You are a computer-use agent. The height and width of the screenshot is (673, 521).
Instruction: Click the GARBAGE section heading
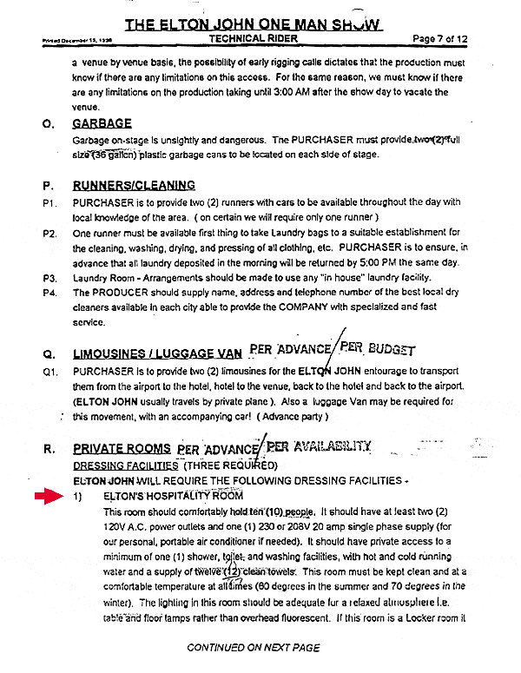[102, 124]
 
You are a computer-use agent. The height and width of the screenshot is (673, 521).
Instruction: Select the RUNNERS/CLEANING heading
[134, 185]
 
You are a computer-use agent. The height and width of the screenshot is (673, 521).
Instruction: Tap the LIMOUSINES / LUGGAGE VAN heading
[157, 353]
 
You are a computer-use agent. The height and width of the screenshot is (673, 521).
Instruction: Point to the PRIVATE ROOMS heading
[122, 449]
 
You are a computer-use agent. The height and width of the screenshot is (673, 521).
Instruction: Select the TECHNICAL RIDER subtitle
[254, 40]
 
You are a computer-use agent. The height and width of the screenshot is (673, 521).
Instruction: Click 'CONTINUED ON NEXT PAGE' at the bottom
[254, 648]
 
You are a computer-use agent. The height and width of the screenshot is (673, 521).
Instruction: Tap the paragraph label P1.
[49, 202]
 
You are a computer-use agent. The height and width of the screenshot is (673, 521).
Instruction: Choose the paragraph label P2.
[49, 233]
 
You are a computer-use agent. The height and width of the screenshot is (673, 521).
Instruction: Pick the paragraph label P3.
[49, 278]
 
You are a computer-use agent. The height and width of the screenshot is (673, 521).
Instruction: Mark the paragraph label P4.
[49, 293]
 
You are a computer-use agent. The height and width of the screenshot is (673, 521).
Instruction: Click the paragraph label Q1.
[49, 371]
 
